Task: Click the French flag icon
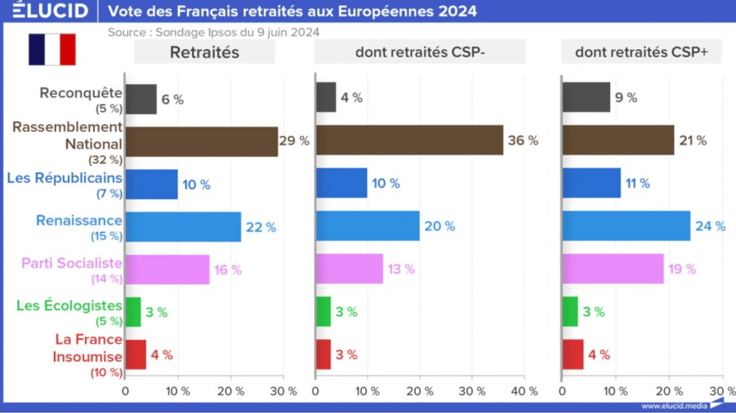[x=52, y=50]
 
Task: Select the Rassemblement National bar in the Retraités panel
[x=201, y=141]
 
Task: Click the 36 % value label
[x=523, y=141]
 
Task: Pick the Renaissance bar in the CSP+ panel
[x=626, y=226]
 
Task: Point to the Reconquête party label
[x=81, y=93]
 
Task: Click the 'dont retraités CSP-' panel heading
[x=420, y=52]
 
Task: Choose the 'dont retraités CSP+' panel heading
[x=641, y=52]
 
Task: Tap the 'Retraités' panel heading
[x=204, y=52]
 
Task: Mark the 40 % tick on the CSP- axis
[x=523, y=391]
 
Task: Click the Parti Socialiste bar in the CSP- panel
[x=350, y=269]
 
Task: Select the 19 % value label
[x=681, y=269]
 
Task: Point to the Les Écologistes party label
[x=69, y=306]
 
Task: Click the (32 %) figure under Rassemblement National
[x=105, y=159]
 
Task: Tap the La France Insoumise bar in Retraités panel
[x=136, y=355]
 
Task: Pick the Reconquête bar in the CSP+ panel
[x=586, y=97]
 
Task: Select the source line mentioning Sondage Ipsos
[x=214, y=32]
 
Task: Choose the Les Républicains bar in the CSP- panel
[x=342, y=183]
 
